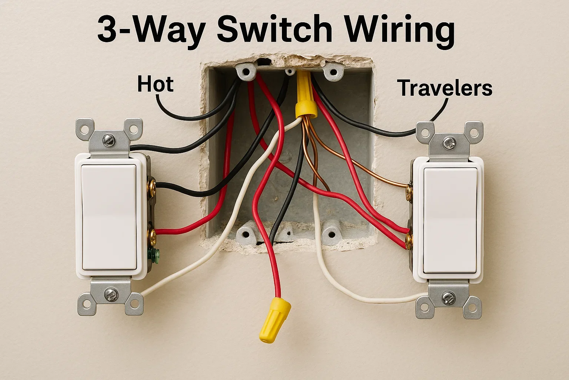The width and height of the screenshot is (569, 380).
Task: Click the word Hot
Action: [x=155, y=84]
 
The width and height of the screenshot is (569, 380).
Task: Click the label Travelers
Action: [x=445, y=88]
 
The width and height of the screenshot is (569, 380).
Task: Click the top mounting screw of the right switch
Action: [x=449, y=142]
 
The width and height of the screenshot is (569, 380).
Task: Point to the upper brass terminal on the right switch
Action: [x=409, y=190]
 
